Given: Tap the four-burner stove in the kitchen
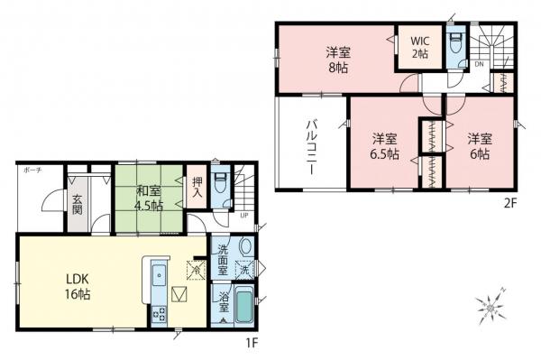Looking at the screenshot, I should [x=159, y=315].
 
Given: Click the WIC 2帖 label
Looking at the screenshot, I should [x=419, y=48].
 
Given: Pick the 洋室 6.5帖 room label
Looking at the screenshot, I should [x=385, y=146].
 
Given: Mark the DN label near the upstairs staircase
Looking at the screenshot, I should [x=480, y=64].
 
